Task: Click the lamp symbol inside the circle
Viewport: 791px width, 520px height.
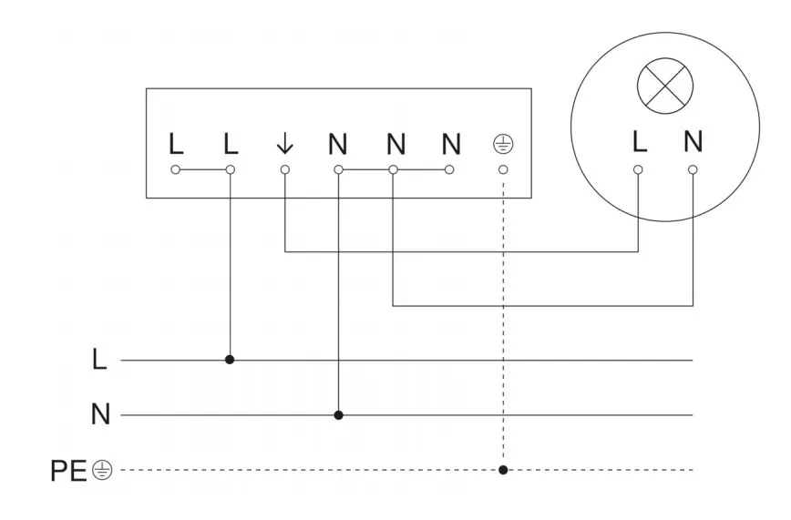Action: (664, 89)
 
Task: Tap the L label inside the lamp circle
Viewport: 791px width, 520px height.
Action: (639, 142)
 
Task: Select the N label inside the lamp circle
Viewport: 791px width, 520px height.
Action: (693, 142)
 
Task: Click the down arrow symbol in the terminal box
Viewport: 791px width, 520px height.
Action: (284, 144)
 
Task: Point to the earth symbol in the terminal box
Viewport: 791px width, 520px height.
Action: (503, 144)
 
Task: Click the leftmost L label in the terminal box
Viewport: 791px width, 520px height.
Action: (175, 144)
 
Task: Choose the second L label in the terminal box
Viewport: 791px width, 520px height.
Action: (230, 144)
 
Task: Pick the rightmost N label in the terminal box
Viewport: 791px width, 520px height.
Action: (450, 144)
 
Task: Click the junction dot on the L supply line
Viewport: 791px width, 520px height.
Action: (230, 360)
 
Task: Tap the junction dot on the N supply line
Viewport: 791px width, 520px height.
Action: (339, 415)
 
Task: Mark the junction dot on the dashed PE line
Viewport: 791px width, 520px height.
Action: (503, 470)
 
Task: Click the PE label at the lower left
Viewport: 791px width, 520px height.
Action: (68, 471)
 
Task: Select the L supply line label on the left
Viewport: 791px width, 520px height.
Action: (99, 361)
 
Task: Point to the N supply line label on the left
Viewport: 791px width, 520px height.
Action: (100, 416)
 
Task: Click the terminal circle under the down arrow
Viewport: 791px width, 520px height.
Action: (284, 169)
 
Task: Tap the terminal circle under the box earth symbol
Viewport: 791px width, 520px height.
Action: (503, 169)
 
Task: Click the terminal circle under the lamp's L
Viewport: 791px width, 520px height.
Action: (639, 169)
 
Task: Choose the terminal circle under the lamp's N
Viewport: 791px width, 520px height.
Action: (693, 169)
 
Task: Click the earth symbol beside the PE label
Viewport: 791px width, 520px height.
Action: (102, 471)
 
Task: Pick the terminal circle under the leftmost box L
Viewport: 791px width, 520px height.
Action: (175, 169)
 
